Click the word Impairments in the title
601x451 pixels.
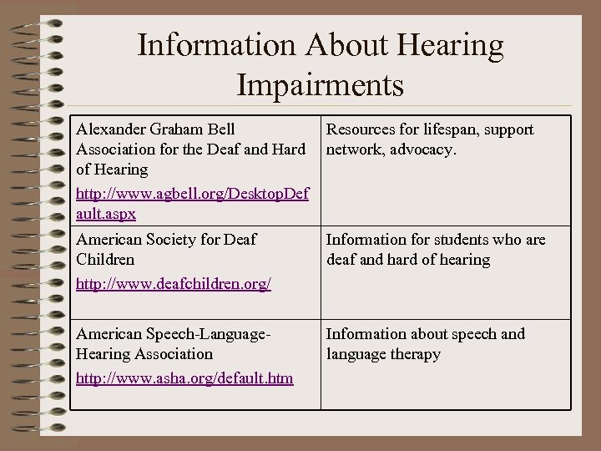pos(321,85)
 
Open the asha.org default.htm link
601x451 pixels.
pos(184,378)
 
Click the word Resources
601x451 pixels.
pos(362,129)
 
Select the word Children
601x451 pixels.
pos(106,260)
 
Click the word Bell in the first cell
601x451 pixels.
pos(220,129)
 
